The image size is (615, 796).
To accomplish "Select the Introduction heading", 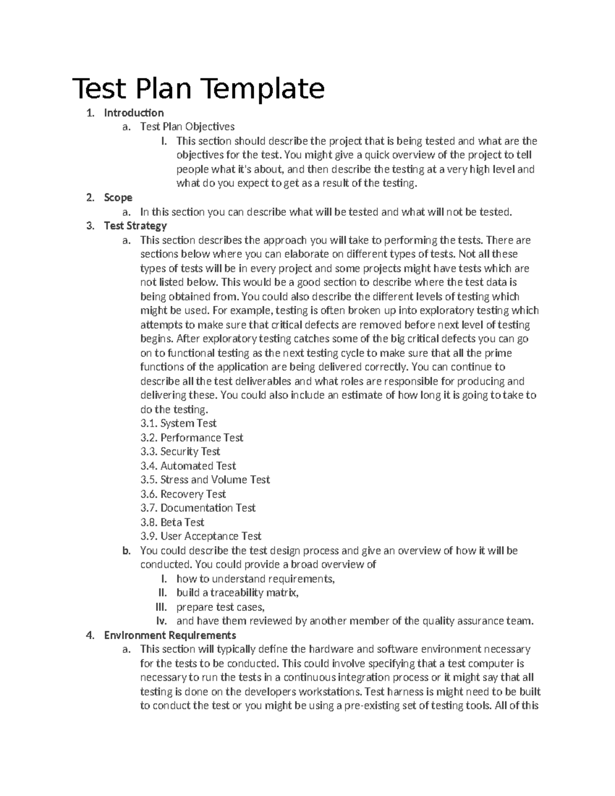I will [x=134, y=113].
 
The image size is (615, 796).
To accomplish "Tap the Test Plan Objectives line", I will [x=187, y=127].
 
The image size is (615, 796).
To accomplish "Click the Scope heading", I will [x=118, y=197].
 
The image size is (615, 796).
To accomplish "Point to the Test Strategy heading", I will [x=135, y=226].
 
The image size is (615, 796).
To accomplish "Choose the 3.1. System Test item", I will [x=178, y=423].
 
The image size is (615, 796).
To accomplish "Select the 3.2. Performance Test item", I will [x=192, y=438].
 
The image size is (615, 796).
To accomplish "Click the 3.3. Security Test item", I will [x=180, y=452].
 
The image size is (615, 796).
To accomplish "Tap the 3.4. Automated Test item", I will [x=188, y=466].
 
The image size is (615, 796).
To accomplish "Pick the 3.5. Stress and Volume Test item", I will [x=205, y=480].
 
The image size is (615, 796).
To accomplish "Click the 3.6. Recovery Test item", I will [x=183, y=494].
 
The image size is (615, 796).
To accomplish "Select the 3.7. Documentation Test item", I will [x=198, y=508].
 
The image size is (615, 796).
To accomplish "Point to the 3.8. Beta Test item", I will [x=172, y=522].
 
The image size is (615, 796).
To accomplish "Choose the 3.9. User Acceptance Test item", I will [x=201, y=536].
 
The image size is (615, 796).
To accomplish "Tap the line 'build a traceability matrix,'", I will [x=237, y=593].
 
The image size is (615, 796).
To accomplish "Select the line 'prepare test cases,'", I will [x=220, y=607].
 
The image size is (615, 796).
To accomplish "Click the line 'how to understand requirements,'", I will [x=255, y=579].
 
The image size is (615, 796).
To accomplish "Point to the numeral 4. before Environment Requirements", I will [x=90, y=636].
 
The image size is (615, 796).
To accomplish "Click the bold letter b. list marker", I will [x=127, y=551].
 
